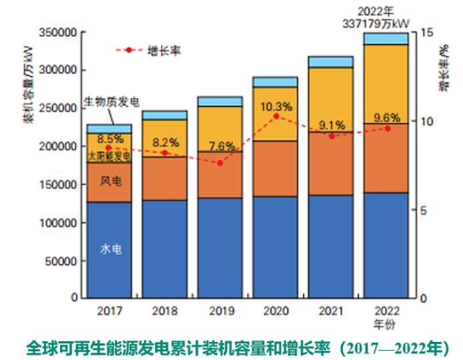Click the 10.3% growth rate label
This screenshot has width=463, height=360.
point(276,106)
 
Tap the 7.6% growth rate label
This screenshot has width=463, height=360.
point(221,146)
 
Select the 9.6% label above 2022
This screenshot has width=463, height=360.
point(386,117)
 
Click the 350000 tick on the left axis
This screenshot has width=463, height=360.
point(60,32)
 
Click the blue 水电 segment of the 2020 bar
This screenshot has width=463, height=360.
point(275,247)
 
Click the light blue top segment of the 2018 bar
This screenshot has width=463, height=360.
point(164,115)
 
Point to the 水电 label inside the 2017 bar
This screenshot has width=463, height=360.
point(110,249)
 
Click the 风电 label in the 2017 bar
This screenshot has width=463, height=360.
point(110,181)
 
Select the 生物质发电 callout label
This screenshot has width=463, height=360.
point(111,102)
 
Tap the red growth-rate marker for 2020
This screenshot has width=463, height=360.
point(276,116)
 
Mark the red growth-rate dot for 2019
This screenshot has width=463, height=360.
point(220,163)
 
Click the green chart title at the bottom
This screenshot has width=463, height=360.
point(238,347)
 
